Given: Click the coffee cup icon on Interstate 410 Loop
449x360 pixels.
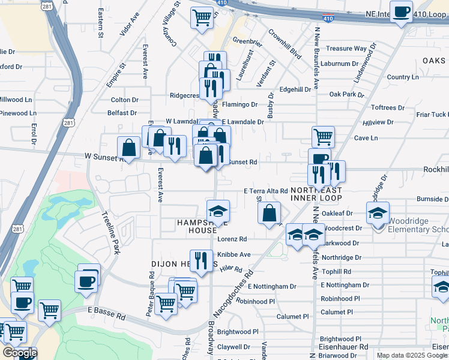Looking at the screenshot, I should tap(401, 12).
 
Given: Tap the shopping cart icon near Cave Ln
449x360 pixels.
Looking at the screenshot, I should tap(324, 137).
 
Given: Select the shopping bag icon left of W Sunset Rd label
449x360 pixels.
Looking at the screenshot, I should tap(129, 147).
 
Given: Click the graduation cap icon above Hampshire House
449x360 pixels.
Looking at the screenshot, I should tap(218, 211).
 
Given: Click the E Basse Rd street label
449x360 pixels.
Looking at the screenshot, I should tap(106, 313).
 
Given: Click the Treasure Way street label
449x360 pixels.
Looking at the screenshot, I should tap(346, 48).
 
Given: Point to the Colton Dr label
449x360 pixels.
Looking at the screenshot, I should tap(124, 100).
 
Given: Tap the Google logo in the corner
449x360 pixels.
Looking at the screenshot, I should tap(20, 353).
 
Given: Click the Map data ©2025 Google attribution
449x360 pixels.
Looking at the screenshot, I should tap(411, 355).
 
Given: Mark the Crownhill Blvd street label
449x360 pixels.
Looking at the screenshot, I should tap(284, 43).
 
